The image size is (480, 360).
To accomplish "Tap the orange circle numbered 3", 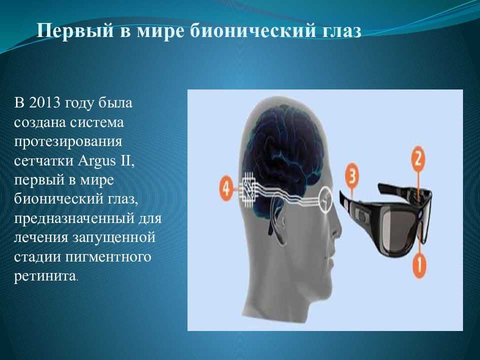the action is [351, 176].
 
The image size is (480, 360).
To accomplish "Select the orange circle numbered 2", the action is [418, 159].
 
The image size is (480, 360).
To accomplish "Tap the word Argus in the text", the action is [96, 161].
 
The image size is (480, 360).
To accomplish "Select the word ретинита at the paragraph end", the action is [45, 276].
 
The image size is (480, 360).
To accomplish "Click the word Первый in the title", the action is [75, 31].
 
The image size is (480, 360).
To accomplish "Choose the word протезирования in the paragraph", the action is [68, 142].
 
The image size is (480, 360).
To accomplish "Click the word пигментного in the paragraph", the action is [108, 257].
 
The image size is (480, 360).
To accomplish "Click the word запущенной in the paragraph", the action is [114, 238].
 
